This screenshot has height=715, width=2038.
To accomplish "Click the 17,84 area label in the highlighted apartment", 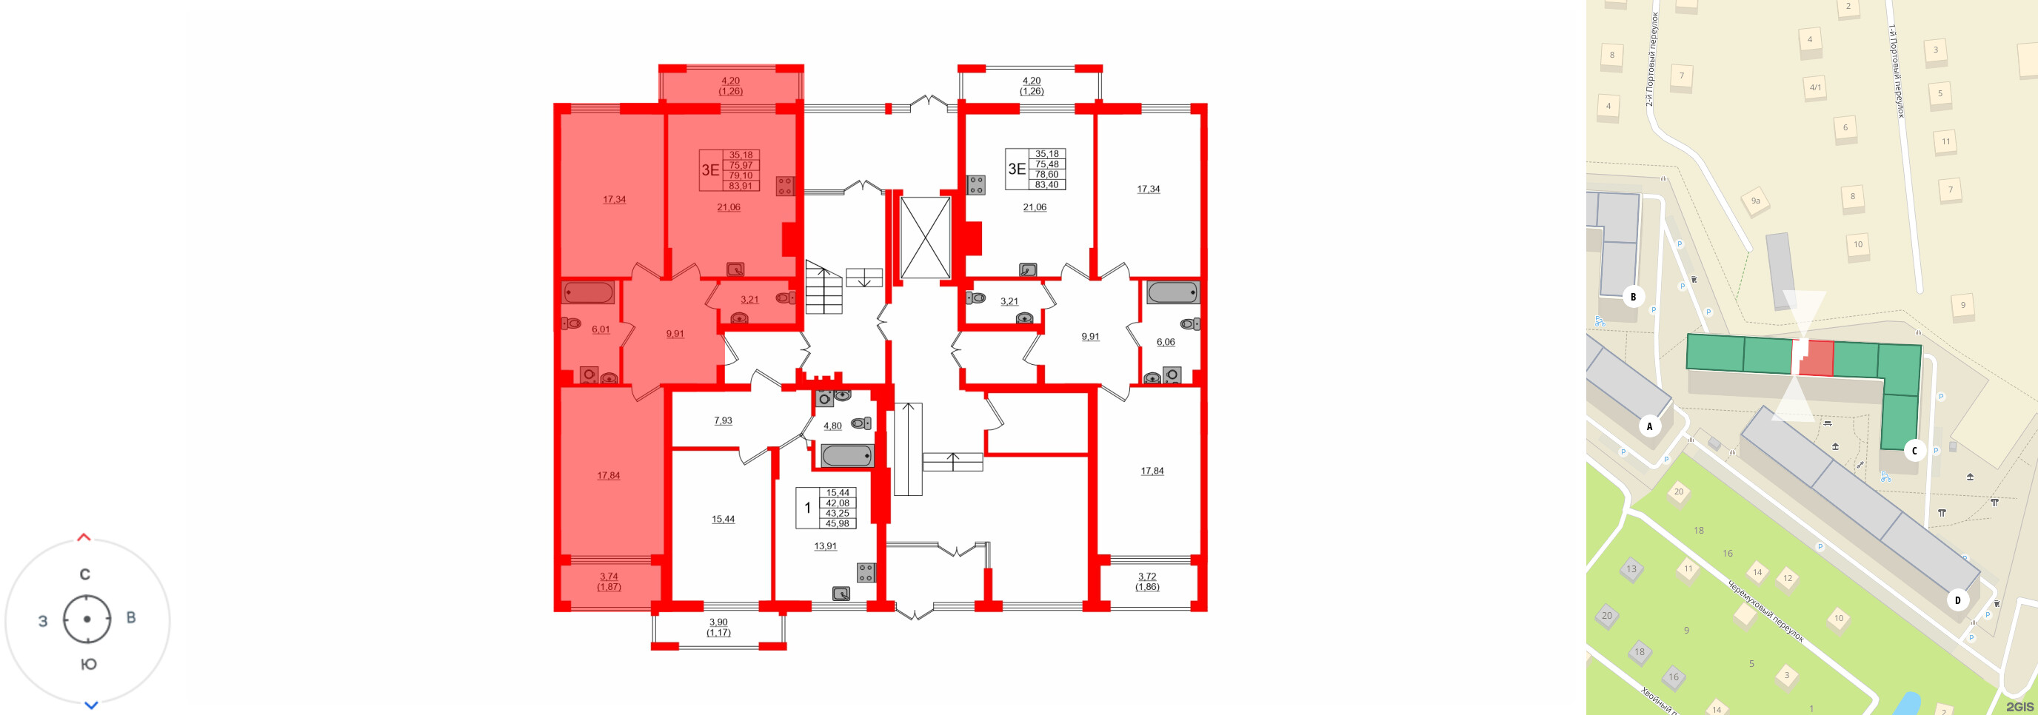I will point(609,475).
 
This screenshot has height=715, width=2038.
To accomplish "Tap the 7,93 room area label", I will point(722,420).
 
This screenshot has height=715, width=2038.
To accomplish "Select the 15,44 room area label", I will point(722,519).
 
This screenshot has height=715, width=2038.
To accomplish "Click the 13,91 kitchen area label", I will point(825,546).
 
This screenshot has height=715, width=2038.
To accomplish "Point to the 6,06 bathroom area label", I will point(1166,343).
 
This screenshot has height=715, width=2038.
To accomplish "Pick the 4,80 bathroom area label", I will point(832,426).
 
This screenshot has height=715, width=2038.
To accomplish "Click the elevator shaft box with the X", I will point(925,238).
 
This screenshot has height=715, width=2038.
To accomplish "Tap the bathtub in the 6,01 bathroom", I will point(589,292).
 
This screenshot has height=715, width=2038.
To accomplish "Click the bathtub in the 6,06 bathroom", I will point(1172,292).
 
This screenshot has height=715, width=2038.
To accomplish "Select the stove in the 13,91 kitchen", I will point(866,572).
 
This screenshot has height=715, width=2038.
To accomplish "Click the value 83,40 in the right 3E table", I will point(1046,185).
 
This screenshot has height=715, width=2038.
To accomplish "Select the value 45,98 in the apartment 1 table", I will point(837,523).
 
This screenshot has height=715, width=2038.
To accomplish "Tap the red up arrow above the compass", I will point(84,538).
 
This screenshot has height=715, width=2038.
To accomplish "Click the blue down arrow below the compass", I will point(91,705).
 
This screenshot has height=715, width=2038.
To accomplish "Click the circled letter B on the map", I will point(1633,297).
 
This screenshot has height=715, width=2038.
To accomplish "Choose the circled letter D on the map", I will point(1958,600).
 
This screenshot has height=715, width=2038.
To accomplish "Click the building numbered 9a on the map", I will point(1756,201).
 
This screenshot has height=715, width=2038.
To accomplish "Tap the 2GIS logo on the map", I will point(2019,706).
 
